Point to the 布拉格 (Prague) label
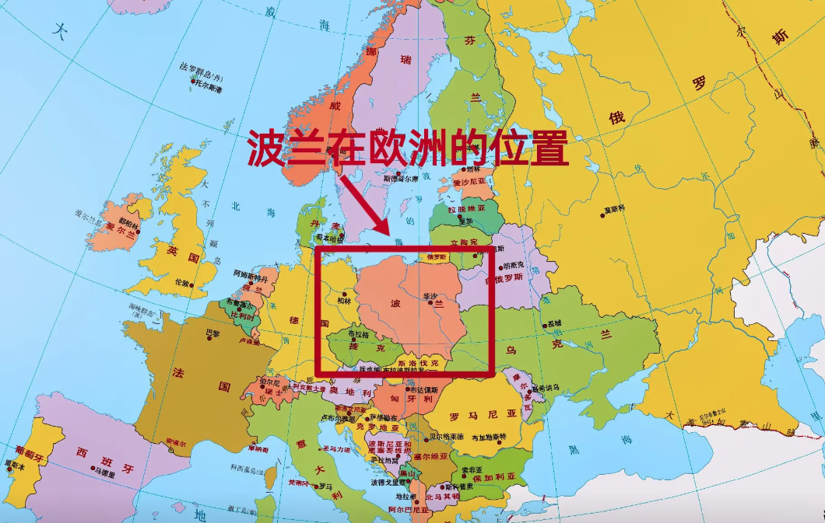pos(359,333)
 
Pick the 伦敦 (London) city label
pos(182,282)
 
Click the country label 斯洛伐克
pos(418,363)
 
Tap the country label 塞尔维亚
pos(430,457)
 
